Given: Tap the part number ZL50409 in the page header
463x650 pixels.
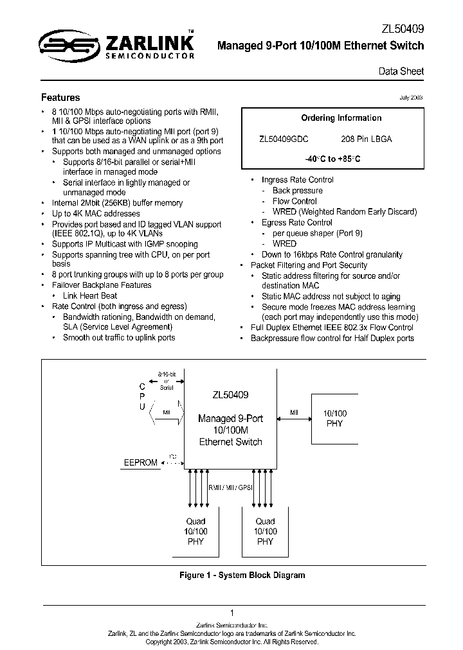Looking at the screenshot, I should [x=403, y=29].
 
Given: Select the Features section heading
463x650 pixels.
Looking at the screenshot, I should [x=60, y=98].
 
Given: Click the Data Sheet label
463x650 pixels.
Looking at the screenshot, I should [x=405, y=71].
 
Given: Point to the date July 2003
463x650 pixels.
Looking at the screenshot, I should [x=411, y=98].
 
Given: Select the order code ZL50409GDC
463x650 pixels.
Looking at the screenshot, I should [x=284, y=139].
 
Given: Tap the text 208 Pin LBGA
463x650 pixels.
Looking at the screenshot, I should [x=366, y=139].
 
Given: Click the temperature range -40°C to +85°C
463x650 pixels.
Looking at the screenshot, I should [x=332, y=158].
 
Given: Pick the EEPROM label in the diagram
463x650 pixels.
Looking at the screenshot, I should [x=140, y=462].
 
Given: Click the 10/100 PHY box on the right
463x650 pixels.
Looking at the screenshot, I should [x=334, y=419].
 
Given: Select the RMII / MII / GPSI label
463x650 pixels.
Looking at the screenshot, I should [x=230, y=487].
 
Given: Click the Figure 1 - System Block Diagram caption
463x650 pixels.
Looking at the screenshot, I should [x=242, y=575].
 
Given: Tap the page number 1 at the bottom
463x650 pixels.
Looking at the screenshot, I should [x=232, y=613].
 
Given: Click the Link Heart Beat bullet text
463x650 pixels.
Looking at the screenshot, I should [x=90, y=295].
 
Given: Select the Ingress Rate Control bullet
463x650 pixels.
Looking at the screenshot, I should [x=297, y=180].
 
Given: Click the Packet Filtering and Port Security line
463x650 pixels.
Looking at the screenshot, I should [x=309, y=265].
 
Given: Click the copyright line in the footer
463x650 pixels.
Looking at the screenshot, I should [x=232, y=642].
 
